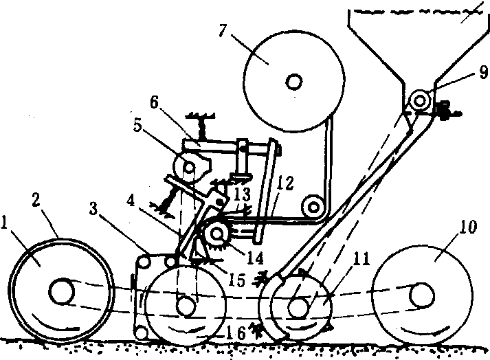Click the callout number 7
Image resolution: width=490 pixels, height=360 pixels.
click(223, 31)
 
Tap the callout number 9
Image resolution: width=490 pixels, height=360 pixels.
click(483, 73)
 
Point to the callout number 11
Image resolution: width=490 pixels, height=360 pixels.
click(361, 259)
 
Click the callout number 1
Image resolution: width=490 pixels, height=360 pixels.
click(4, 223)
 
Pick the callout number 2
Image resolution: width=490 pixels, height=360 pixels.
click(36, 201)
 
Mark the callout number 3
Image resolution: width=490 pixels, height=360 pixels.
click(93, 209)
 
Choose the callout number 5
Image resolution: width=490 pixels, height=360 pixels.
click(137, 125)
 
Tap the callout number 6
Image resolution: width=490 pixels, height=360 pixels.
click(154, 102)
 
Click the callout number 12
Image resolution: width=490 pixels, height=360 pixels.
click(286, 183)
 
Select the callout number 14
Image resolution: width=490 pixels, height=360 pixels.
click(256, 258)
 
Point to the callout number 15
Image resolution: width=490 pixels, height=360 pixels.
click(237, 280)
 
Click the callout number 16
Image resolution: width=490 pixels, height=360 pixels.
click(236, 334)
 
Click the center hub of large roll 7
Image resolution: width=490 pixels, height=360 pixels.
click(294, 82)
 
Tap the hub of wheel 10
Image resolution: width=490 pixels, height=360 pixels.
click(422, 295)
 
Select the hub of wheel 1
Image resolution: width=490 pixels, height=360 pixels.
click(61, 291)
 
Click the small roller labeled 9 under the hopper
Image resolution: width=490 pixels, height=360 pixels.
click(421, 101)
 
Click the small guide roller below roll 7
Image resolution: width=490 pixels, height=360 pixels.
click(313, 207)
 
